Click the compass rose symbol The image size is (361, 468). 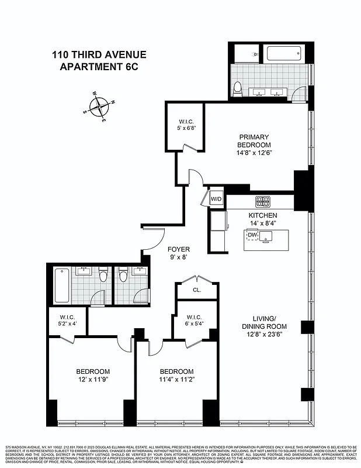click(100, 107)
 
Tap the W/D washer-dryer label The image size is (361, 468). click(216, 199)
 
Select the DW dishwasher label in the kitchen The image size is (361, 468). click(252, 236)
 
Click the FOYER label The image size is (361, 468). click(179, 249)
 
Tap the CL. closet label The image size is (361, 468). click(197, 289)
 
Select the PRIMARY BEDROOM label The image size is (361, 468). click(254, 140)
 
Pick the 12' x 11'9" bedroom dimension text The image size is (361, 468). click(93, 380)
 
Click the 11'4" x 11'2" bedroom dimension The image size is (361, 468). click(176, 380)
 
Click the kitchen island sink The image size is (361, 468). click(268, 236)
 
